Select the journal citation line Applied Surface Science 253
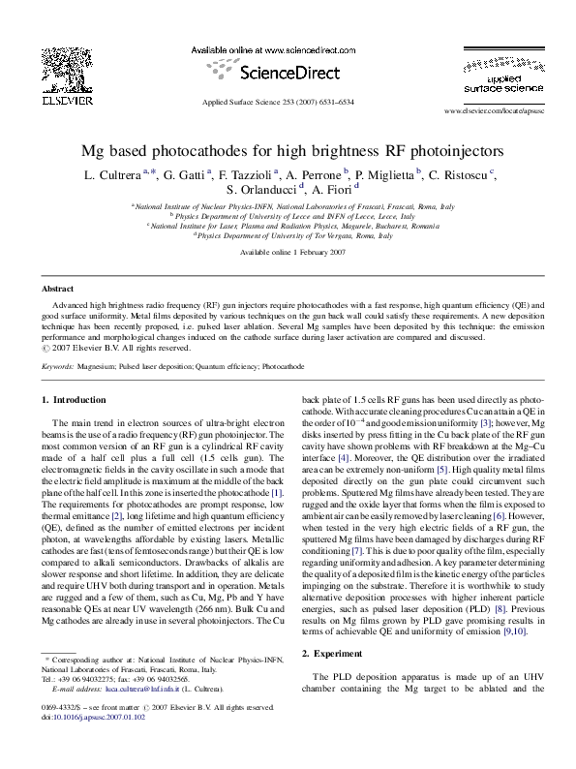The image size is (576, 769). pos(278,102)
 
